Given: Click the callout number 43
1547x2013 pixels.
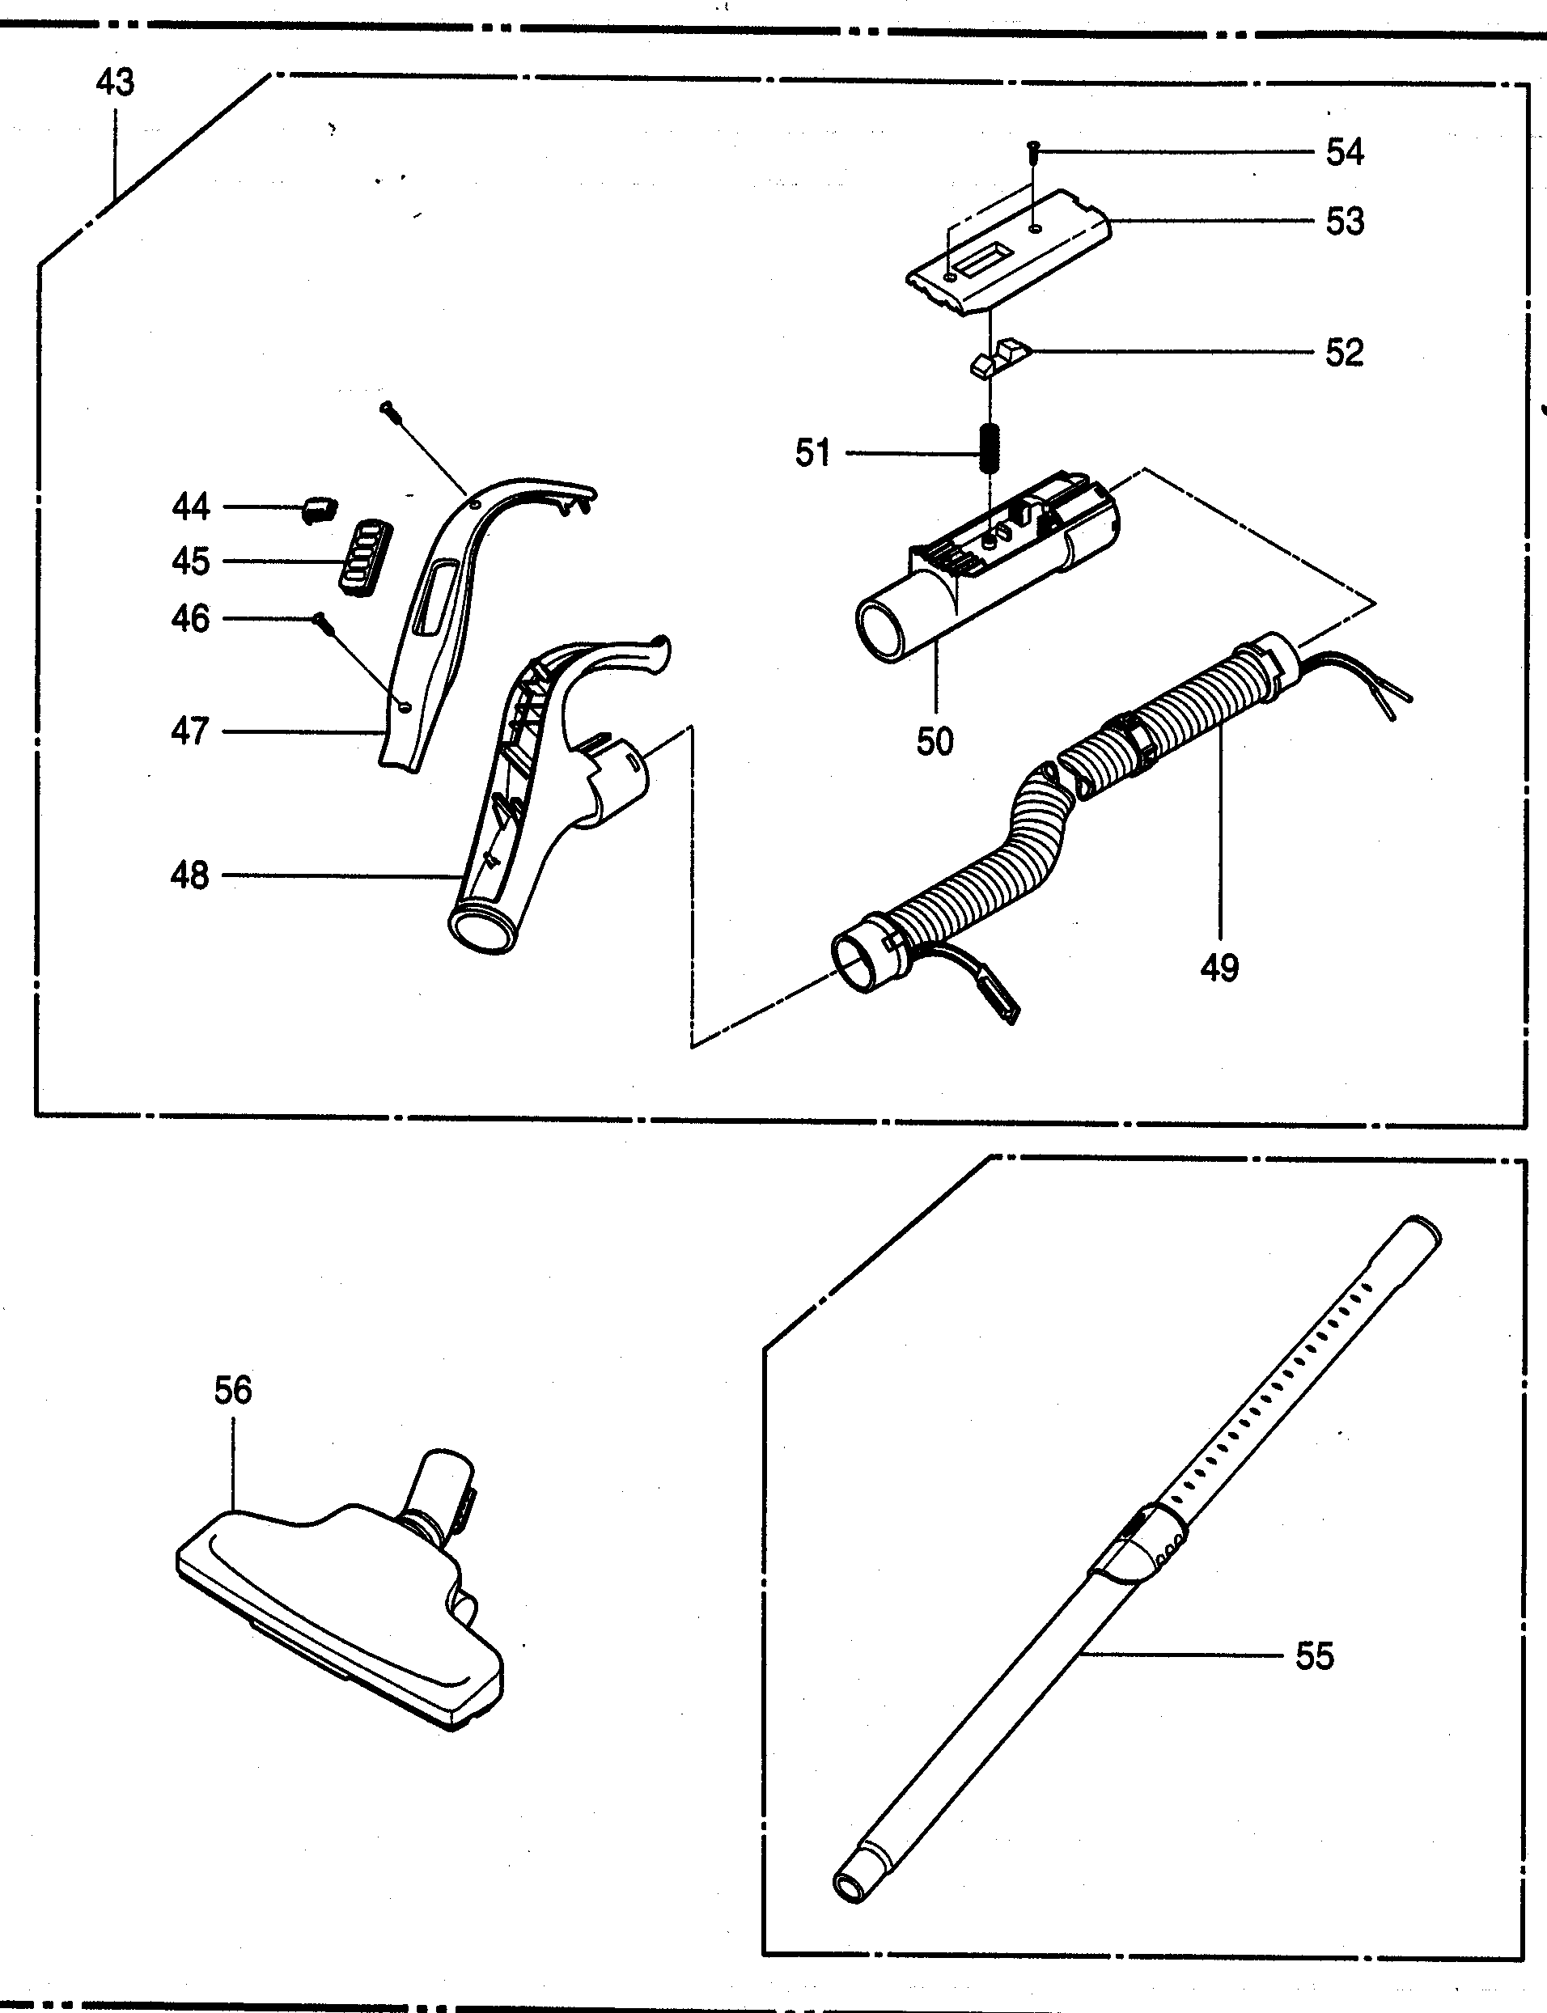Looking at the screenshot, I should tap(115, 82).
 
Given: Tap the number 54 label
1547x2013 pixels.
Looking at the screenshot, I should tap(1345, 152).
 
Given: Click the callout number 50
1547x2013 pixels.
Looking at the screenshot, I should tap(935, 741).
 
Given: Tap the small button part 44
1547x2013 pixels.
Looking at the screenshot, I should tap(319, 507).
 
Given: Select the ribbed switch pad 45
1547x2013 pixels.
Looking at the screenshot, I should tap(366, 558).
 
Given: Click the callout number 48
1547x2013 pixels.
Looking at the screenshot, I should tap(189, 875).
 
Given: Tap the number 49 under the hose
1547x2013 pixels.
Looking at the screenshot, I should tap(1220, 967).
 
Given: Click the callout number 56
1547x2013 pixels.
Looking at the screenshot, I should tap(233, 1389).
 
